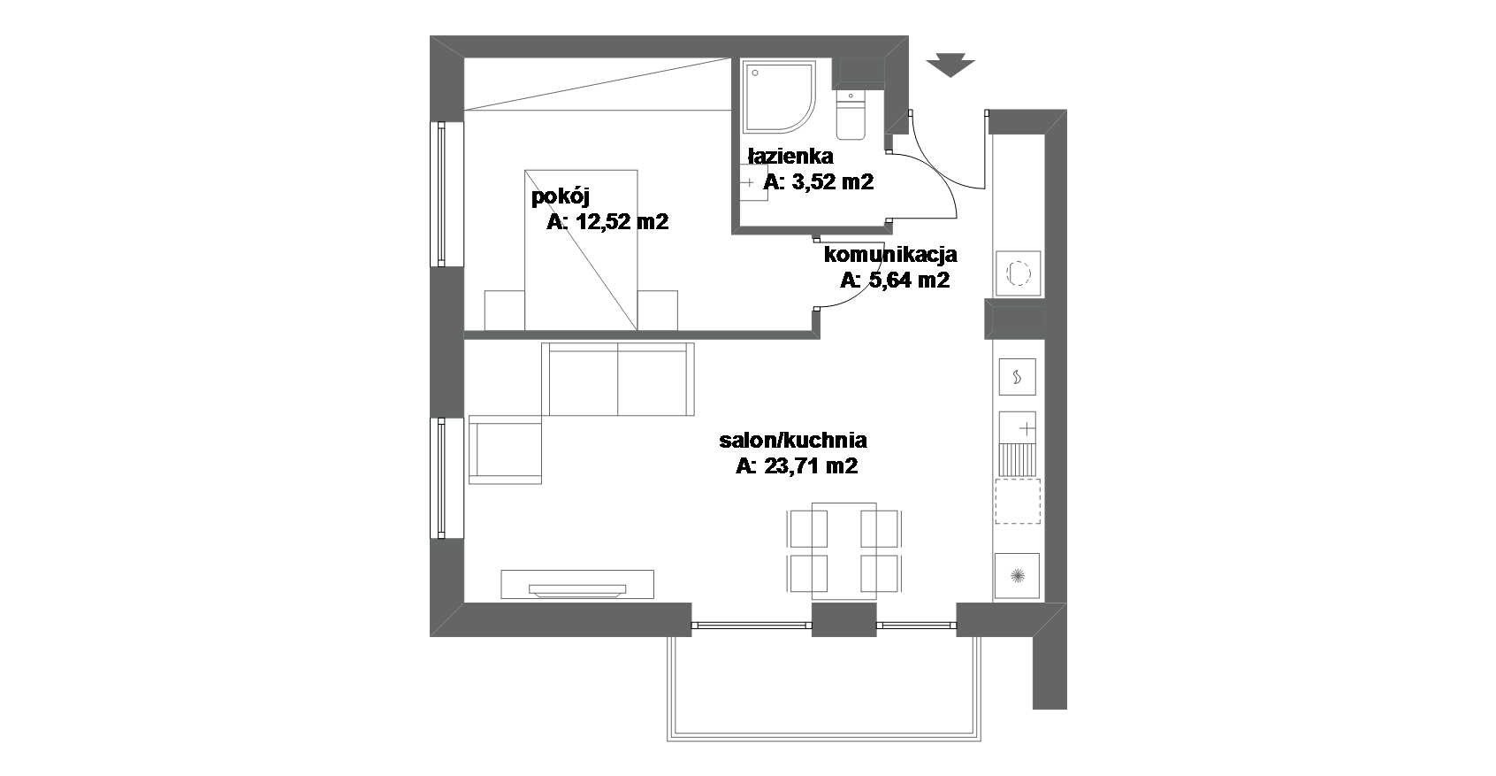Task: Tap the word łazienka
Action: pos(790,157)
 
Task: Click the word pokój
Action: pos(560,197)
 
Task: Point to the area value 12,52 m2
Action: pos(622,222)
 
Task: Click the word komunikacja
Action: pos(890,255)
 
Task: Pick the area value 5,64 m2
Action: pos(909,280)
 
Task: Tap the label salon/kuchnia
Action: pos(793,441)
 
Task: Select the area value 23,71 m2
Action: pos(811,466)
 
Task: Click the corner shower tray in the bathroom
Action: pos(780,97)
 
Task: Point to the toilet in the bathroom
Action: pos(851,115)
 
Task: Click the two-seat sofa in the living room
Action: pos(618,379)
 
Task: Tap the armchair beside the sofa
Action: pos(505,449)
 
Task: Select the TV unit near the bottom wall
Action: pos(577,584)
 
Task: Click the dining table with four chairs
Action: pos(844,550)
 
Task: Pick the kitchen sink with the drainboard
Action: pos(1017,444)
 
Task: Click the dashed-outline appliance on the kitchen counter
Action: pos(1018,501)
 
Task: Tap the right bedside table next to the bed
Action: pos(657,310)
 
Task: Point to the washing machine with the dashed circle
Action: pos(1018,273)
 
